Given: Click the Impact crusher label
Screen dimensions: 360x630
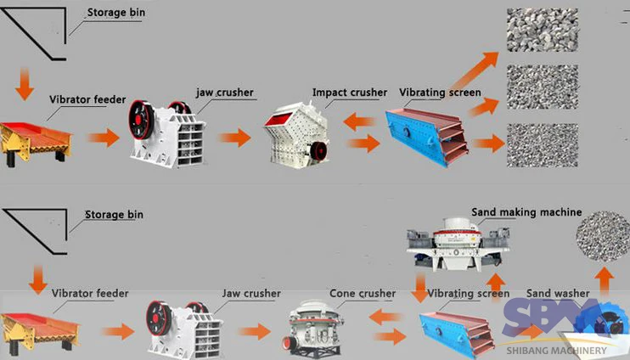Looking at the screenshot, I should pos(349,92).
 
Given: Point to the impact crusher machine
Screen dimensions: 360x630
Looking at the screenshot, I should pos(295,134).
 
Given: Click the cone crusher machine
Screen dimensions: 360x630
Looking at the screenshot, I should pos(314,325).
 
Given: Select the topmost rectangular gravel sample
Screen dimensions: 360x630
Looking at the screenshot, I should pos(542,29).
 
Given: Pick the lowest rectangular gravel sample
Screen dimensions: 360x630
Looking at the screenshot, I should pos(542,144).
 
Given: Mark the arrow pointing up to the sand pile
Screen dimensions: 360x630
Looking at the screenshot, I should pos(604,280).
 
